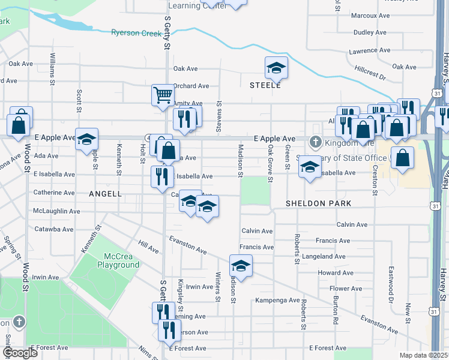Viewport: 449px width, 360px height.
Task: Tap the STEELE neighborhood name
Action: tap(265, 85)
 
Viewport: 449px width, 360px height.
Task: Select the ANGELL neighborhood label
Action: tap(105, 194)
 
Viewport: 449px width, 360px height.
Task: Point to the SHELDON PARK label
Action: tap(318, 203)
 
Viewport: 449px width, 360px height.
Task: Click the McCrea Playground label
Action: tap(118, 260)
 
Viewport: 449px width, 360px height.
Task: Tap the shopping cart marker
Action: tap(163, 95)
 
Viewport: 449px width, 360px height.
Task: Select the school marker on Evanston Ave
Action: tap(241, 266)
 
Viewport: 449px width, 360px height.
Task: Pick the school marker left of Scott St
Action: tap(86, 139)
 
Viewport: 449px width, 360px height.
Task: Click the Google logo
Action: tap(20, 353)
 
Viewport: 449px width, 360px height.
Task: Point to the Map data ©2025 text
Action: tap(423, 355)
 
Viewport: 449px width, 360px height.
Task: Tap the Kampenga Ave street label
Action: tap(277, 300)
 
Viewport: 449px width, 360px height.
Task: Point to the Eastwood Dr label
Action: tap(391, 276)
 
